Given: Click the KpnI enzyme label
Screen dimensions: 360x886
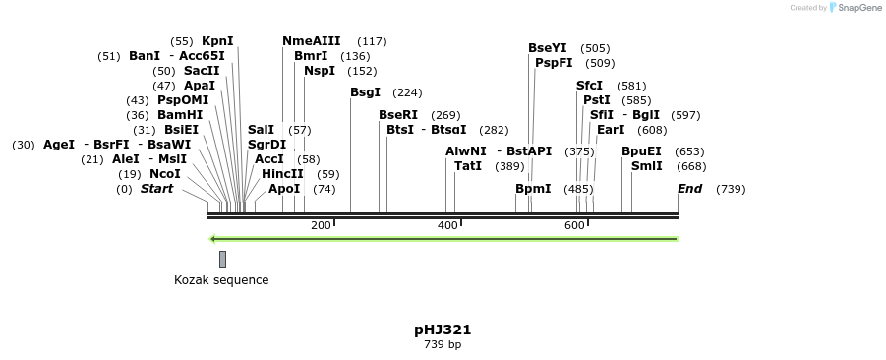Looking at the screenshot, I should click(217, 41).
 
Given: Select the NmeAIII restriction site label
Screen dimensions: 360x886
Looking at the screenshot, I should click(311, 41).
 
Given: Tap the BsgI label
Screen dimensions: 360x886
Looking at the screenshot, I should click(365, 92).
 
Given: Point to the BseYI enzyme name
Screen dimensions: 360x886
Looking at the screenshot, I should click(547, 48).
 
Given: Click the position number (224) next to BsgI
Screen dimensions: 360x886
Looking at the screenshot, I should click(407, 93).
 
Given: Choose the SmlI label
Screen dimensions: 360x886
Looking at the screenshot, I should click(646, 166).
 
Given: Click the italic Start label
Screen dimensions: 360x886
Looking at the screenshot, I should click(156, 188).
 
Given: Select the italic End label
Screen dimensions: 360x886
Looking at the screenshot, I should click(689, 188).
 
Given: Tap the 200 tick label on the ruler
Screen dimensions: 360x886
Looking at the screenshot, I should click(321, 226).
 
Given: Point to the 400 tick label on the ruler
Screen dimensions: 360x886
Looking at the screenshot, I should click(447, 226).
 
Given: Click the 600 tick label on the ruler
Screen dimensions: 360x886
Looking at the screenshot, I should click(574, 226).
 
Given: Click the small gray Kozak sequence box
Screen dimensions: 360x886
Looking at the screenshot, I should click(222, 259).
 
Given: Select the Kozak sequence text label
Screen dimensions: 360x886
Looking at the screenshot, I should click(221, 280).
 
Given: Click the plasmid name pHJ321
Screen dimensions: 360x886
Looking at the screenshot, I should click(443, 330).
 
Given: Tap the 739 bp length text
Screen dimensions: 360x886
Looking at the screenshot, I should click(443, 344).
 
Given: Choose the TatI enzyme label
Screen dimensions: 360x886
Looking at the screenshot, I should click(468, 166).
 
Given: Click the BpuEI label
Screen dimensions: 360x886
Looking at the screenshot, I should click(641, 151).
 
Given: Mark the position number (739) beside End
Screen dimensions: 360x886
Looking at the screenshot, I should click(731, 189).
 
